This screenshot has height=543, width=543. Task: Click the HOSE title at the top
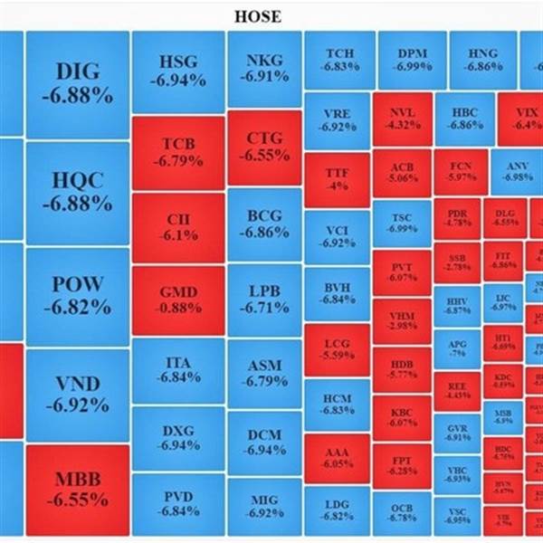258,15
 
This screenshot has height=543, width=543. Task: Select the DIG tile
78,83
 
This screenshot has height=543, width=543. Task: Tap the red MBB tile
78,489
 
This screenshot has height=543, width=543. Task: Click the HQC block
78,191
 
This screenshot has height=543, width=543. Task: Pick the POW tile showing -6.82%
78,295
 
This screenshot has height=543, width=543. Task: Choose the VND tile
78,394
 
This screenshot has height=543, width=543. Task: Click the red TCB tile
178,152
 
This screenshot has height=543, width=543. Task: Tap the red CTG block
263,147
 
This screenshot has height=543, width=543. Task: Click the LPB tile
263,299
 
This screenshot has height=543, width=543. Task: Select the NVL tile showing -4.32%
404,119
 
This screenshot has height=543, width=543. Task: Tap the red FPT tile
404,464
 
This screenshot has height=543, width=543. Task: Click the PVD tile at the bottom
178,503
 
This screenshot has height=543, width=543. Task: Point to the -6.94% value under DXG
178,445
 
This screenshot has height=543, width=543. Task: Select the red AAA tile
337,457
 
